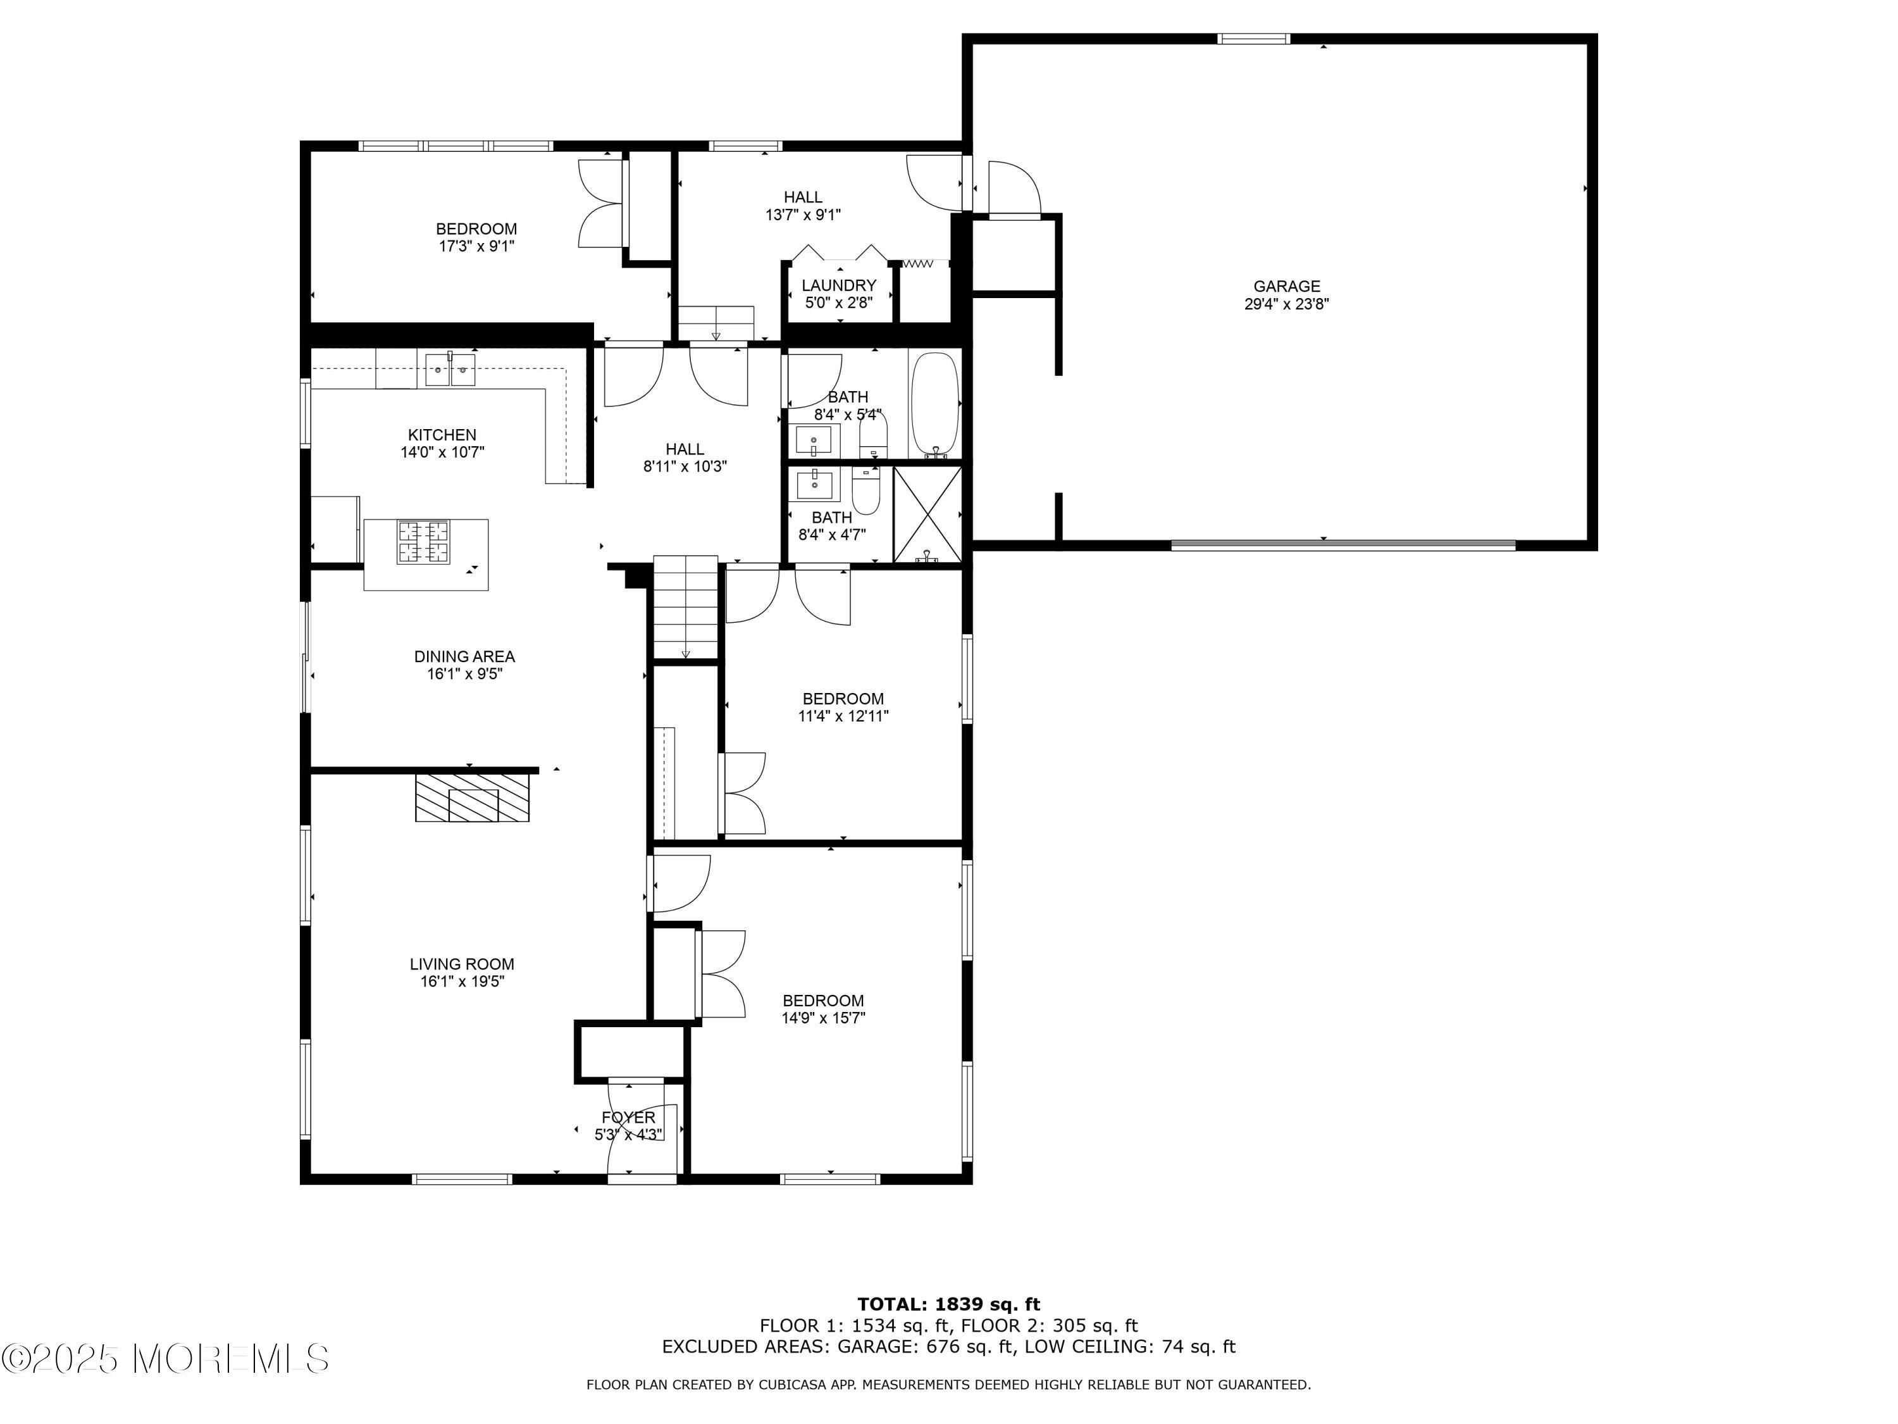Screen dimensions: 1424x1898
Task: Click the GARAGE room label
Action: pyautogui.click(x=1286, y=287)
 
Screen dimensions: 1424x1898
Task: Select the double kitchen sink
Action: pyautogui.click(x=450, y=370)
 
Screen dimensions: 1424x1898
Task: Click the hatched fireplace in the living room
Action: pyautogui.click(x=472, y=797)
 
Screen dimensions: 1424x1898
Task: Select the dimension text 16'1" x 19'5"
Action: pyautogui.click(x=462, y=981)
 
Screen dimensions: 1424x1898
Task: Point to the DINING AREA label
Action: pyautogui.click(x=464, y=657)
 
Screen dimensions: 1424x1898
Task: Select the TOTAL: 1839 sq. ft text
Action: pyautogui.click(x=948, y=1304)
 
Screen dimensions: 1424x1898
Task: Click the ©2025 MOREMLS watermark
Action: pyautogui.click(x=164, y=1358)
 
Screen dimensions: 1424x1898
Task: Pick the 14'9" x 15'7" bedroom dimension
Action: pyautogui.click(x=823, y=1018)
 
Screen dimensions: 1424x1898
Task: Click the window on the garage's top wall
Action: pyautogui.click(x=1253, y=39)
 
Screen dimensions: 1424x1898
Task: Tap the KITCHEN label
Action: pyautogui.click(x=442, y=435)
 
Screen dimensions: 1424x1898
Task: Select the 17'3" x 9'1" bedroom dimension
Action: pyautogui.click(x=476, y=246)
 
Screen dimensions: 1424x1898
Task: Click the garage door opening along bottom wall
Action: pyautogui.click(x=1343, y=544)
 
